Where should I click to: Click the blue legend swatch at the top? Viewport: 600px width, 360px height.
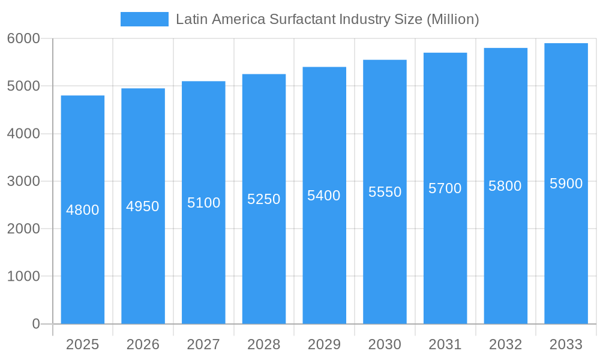(x=144, y=19)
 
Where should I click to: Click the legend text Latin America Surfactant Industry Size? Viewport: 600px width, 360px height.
(x=327, y=19)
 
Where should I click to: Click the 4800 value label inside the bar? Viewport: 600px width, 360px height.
(x=83, y=210)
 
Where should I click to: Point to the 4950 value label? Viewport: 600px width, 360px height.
(x=143, y=206)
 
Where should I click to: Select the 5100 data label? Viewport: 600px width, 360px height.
(x=203, y=203)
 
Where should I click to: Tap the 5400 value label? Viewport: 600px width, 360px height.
(x=324, y=196)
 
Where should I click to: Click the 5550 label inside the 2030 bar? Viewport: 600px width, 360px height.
(x=385, y=192)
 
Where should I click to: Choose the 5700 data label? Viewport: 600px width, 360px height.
(x=445, y=188)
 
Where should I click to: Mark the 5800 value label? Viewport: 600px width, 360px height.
(x=505, y=186)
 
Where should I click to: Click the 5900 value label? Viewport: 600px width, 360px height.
(x=566, y=184)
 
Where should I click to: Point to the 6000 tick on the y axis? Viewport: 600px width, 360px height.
(x=23, y=38)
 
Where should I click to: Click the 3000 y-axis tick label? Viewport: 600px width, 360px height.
(x=23, y=181)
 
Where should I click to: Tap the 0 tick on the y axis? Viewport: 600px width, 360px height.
(x=35, y=324)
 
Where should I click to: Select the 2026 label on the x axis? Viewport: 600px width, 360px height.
(x=143, y=344)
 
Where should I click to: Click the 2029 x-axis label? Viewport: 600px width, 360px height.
(x=324, y=344)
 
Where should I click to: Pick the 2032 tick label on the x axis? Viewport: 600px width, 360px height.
(x=505, y=344)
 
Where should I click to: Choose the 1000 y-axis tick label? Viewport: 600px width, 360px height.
(x=23, y=277)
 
